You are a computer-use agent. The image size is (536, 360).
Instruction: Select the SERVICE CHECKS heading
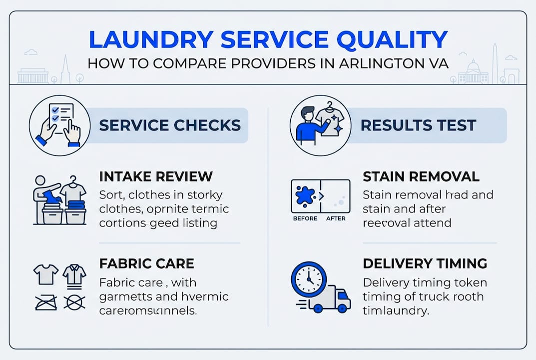click(170, 125)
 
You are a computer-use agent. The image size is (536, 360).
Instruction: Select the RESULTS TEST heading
click(418, 125)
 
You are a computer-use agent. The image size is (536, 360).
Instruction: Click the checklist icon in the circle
click(59, 125)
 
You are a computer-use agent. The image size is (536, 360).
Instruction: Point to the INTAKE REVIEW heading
click(156, 176)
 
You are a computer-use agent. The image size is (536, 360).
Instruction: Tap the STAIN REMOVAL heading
click(421, 176)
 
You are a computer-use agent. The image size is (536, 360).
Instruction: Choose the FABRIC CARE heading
click(146, 263)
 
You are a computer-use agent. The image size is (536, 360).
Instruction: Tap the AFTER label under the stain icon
click(336, 218)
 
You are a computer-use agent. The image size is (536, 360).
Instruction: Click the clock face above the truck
click(308, 279)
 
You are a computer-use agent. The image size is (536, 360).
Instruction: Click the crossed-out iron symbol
click(46, 302)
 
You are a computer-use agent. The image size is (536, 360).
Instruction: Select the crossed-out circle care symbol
click(74, 302)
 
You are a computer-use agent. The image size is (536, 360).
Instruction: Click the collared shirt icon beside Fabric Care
click(74, 275)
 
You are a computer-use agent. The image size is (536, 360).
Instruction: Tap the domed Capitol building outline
click(473, 73)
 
